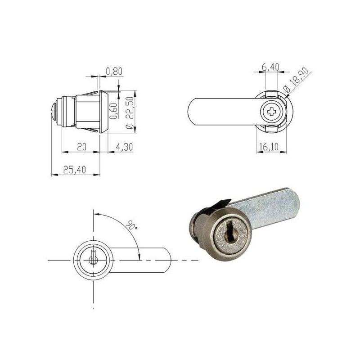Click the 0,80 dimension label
click(x=114, y=71)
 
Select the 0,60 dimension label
click(x=114, y=110)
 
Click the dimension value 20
click(x=81, y=147)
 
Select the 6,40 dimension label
click(x=270, y=67)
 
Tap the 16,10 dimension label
click(x=270, y=147)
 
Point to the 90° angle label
click(x=131, y=225)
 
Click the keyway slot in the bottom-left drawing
click(x=93, y=259)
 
